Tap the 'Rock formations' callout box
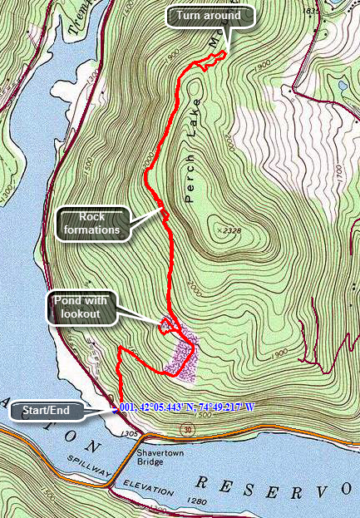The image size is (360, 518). coord(94,223)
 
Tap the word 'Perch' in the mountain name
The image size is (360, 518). coord(190,181)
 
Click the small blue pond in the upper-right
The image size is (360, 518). coord(343,85)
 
